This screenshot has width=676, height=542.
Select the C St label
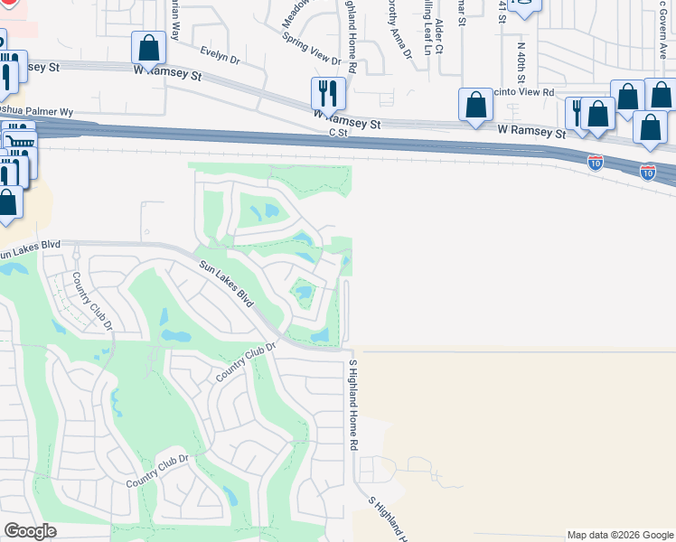point(338,133)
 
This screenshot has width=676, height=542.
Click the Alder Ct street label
point(439,36)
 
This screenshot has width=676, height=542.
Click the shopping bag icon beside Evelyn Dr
point(147,48)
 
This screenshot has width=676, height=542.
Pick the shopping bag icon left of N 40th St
point(475,105)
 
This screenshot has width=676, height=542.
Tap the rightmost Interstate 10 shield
point(648,172)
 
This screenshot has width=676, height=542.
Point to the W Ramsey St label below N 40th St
point(531,131)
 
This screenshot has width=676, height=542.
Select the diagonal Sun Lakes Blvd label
point(224,283)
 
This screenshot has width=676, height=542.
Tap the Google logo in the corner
point(31,531)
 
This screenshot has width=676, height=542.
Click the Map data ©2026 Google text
point(619,535)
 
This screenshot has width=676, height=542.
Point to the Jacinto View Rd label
point(522,92)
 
